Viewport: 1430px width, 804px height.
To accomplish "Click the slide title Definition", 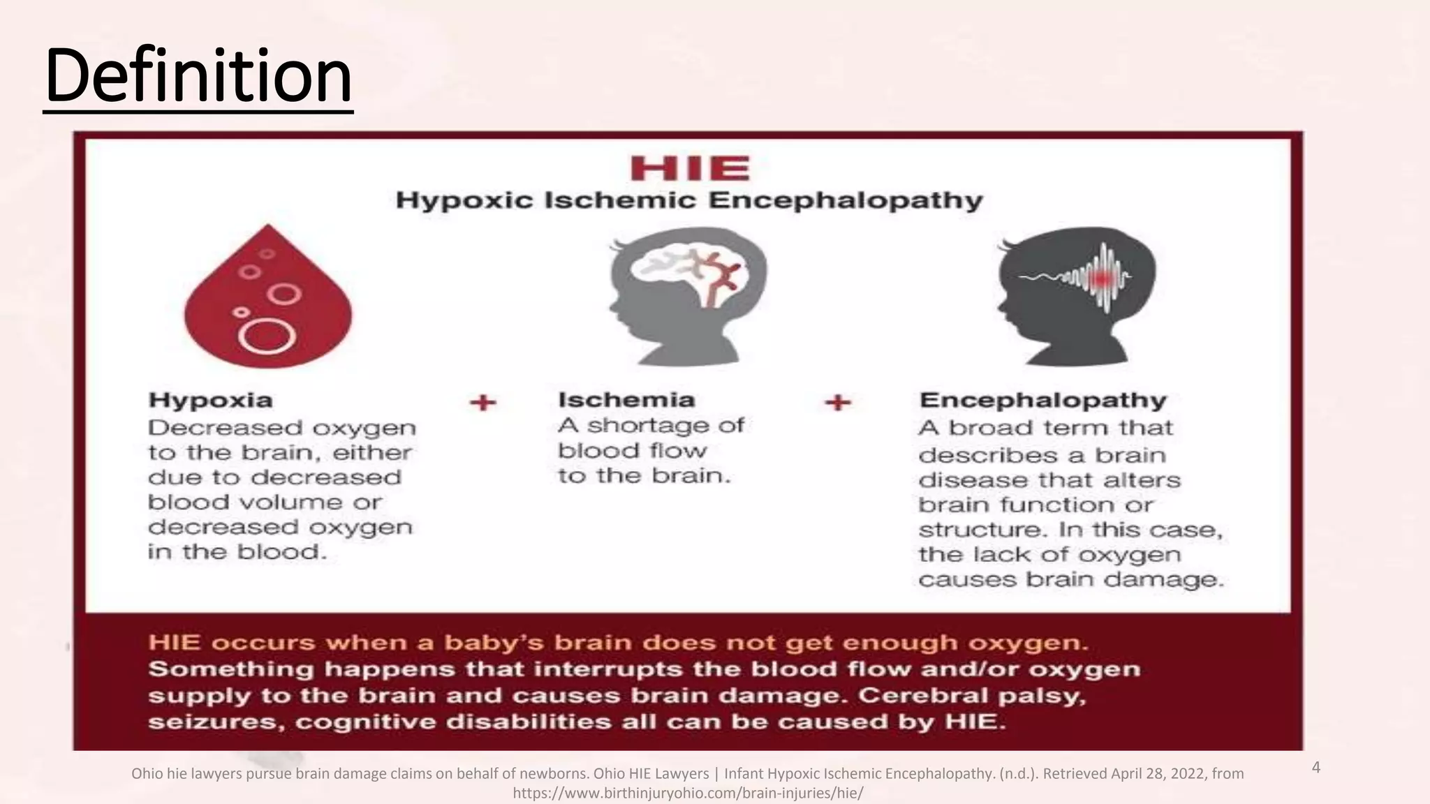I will [x=198, y=75].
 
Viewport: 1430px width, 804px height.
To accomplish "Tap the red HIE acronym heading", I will [x=690, y=169].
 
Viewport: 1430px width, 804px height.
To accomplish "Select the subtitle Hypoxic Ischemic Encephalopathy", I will [x=689, y=201].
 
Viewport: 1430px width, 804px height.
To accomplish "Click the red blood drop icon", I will [x=268, y=300].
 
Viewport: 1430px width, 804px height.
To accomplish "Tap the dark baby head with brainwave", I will [x=1075, y=296].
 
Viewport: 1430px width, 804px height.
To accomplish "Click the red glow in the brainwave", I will [x=1103, y=278].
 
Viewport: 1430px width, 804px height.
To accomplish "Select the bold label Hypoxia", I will [x=210, y=401].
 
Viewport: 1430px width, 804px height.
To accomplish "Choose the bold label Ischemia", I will [x=626, y=400].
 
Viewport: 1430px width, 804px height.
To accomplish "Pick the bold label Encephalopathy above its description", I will [x=1043, y=401].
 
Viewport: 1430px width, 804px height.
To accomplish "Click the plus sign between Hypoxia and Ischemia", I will [x=482, y=403].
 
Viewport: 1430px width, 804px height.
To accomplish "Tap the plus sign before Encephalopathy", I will [x=838, y=403].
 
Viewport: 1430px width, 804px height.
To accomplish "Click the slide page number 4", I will [x=1316, y=768].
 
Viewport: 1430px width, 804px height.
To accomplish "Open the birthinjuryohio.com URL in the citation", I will [x=688, y=794].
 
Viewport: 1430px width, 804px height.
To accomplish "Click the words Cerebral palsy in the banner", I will [x=972, y=696].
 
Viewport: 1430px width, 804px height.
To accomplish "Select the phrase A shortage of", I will [x=651, y=426].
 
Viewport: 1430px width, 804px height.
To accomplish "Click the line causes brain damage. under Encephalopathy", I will [x=1071, y=580].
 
